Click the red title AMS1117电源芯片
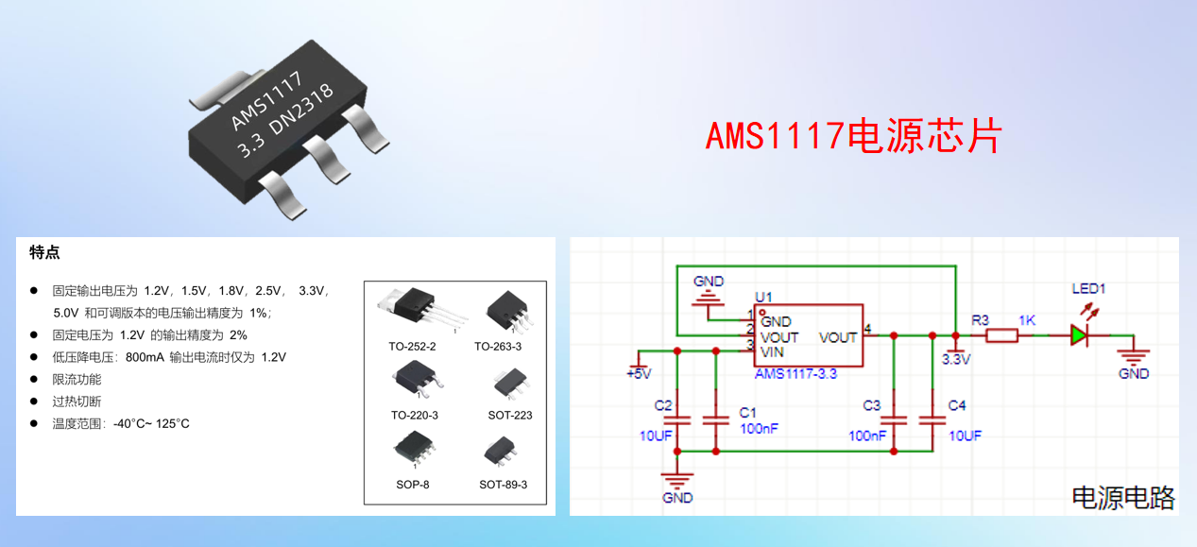click(x=853, y=136)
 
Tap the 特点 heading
click(x=45, y=252)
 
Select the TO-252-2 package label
click(x=413, y=347)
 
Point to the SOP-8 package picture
click(x=412, y=451)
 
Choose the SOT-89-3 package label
click(x=503, y=485)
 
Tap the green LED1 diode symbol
click(x=1080, y=334)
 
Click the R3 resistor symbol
click(x=1002, y=334)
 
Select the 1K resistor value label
click(x=1027, y=320)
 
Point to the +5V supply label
click(x=639, y=373)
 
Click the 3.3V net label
click(x=956, y=359)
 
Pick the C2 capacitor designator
click(x=663, y=405)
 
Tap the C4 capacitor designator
click(x=956, y=405)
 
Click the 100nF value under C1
click(x=760, y=430)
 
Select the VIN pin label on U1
click(x=773, y=351)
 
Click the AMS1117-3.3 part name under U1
click(x=795, y=374)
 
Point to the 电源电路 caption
click(x=1123, y=498)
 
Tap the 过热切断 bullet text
click(x=77, y=401)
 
